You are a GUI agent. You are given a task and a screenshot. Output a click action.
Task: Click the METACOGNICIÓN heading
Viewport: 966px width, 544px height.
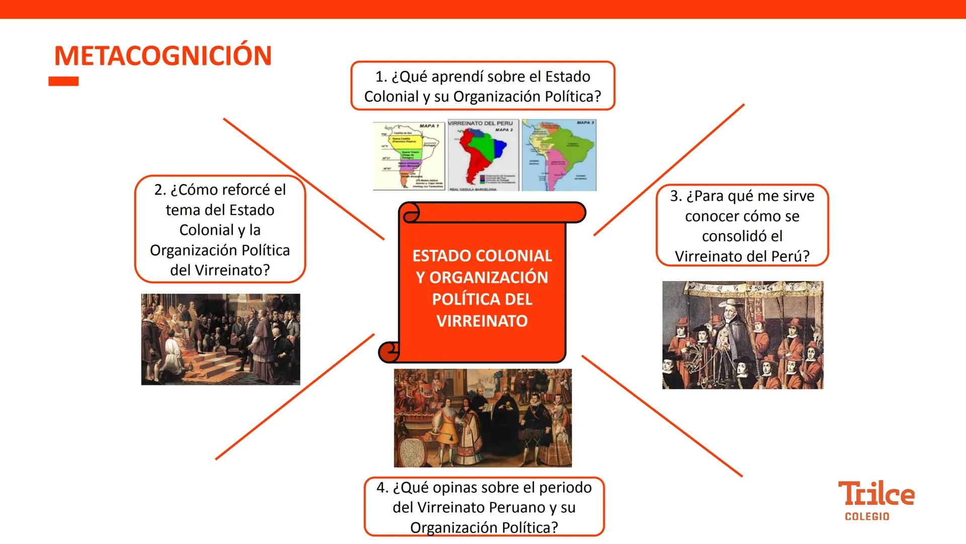163,55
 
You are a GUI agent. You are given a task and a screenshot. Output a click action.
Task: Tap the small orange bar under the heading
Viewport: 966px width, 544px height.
63,81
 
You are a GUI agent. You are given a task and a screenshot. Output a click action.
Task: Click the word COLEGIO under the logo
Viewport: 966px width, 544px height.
867,516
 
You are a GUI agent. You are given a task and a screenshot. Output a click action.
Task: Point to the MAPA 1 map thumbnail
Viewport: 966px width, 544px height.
409,156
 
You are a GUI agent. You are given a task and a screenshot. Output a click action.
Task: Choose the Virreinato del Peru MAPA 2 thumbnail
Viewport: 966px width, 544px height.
483,156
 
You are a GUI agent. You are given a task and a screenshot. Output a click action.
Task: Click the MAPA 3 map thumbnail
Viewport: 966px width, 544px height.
558,155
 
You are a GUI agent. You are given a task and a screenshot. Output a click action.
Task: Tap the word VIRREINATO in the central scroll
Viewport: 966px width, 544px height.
482,321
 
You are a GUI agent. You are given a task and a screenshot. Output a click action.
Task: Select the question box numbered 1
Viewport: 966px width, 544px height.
482,86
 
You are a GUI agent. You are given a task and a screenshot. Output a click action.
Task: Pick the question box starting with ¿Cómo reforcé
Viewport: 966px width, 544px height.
220,230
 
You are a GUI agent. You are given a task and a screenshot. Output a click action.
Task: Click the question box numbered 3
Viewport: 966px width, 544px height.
742,226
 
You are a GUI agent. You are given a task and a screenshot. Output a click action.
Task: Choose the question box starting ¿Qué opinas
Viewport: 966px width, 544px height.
484,507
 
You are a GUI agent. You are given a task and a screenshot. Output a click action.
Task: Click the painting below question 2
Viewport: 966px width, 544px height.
220,339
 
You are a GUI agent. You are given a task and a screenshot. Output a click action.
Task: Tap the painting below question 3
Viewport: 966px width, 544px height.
743,335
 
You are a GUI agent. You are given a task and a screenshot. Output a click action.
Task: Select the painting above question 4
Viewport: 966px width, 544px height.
482,418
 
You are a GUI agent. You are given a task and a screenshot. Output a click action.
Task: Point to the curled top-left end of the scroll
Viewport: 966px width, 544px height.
410,213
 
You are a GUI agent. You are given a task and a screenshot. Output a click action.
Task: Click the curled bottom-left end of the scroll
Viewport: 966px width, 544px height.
389,351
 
